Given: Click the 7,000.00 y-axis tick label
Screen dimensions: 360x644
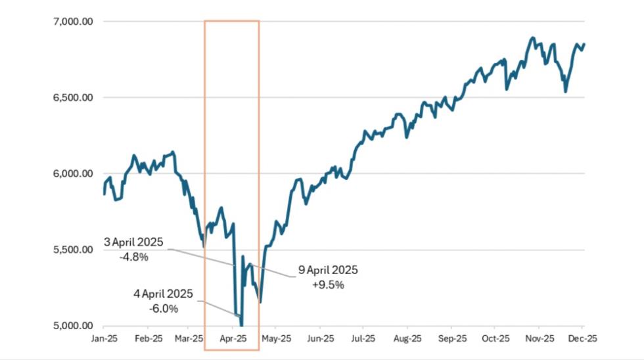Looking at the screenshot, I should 72,22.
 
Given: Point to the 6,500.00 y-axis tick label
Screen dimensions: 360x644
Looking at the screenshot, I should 72,98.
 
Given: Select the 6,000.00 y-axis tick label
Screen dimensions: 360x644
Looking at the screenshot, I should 72,174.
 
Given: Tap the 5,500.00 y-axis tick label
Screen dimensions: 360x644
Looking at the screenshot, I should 72,250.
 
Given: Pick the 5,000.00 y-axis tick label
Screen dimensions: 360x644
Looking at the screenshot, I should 72,326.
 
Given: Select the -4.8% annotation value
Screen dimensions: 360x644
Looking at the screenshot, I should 134,257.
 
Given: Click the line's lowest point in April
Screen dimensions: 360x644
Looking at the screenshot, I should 241,325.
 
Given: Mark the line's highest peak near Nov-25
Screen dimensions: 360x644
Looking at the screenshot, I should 532,37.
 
